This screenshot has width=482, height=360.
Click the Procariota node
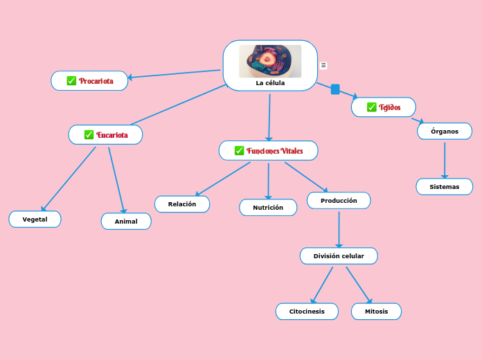point(90,81)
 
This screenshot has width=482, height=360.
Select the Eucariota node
point(106,134)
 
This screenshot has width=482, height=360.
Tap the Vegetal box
point(35,219)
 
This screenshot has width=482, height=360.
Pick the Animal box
point(126,222)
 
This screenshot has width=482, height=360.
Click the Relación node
point(182,204)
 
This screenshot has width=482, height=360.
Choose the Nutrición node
point(268,208)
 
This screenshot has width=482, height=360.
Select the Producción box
point(339,201)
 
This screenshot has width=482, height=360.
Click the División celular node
point(339,256)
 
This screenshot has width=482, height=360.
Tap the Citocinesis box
point(307,312)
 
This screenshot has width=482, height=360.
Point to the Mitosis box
point(376,312)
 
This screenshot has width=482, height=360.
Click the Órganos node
point(445,132)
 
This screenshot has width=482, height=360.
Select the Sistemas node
point(445,187)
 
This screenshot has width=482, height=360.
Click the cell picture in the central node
point(270,62)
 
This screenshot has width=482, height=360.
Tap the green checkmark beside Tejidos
point(372,107)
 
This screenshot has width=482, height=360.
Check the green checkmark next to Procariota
point(71,81)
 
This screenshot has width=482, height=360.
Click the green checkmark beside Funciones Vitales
point(239,151)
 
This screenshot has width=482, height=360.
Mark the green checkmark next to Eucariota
point(89,134)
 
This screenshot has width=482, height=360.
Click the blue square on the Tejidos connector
point(335,89)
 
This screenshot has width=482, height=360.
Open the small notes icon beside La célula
point(323,65)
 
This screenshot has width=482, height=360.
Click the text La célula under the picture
point(270,83)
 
